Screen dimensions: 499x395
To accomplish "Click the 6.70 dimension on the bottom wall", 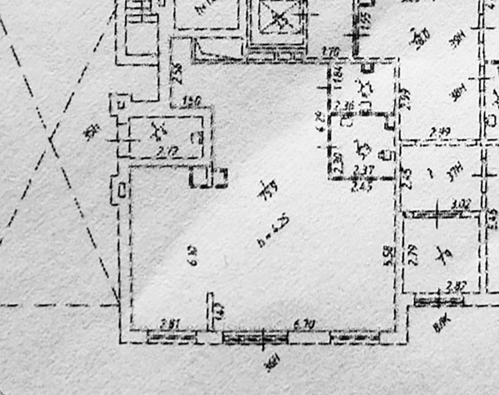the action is click(x=304, y=324).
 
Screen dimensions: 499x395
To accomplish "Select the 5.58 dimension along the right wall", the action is click(x=388, y=256).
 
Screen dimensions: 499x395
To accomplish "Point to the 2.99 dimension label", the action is click(x=439, y=133).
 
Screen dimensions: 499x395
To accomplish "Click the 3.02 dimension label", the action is click(x=461, y=204).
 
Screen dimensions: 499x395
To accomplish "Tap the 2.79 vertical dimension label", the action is click(x=412, y=256).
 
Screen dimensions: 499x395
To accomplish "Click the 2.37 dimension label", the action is click(x=363, y=170).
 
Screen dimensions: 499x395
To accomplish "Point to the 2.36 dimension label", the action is click(x=345, y=105).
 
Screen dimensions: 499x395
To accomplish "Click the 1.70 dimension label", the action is click(x=331, y=51).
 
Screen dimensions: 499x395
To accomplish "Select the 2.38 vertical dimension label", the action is click(x=177, y=73).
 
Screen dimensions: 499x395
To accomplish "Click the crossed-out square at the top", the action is click(x=278, y=18).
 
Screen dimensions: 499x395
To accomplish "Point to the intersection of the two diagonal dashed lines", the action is click(x=50, y=138).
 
